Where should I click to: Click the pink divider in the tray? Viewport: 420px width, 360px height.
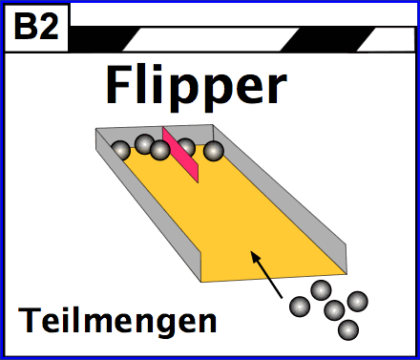click(x=179, y=154)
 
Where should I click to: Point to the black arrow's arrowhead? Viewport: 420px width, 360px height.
click(x=255, y=255)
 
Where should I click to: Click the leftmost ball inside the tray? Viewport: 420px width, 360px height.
click(x=121, y=149)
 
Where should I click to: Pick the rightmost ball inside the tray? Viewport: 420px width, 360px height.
click(x=214, y=150)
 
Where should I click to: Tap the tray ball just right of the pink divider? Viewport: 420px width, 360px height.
click(x=187, y=147)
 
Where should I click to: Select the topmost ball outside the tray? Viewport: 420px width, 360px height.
click(x=322, y=288)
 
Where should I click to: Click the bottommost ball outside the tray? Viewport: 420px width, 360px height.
click(x=348, y=329)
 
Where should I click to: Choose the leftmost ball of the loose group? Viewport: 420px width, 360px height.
click(x=300, y=307)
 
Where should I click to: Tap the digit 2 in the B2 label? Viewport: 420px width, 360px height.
click(x=49, y=28)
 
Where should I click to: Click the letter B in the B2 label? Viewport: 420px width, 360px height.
click(x=27, y=28)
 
